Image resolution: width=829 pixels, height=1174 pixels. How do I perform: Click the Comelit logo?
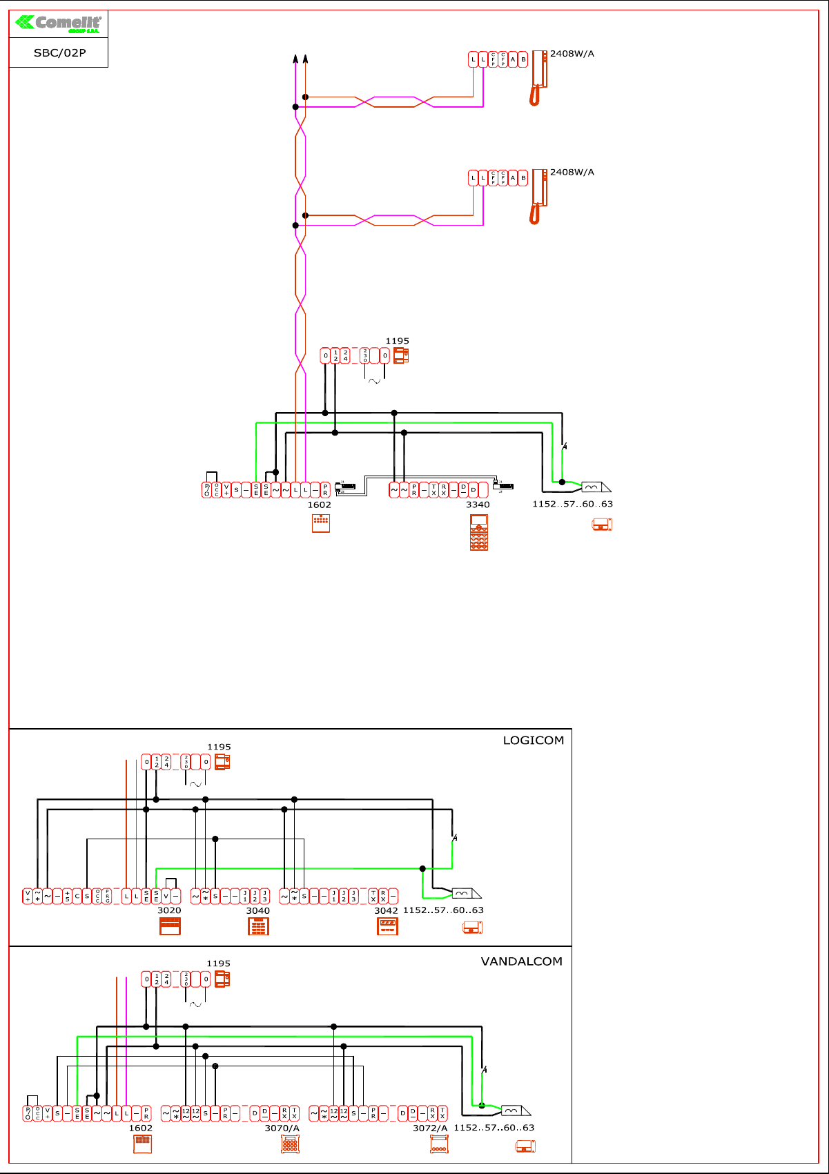coord(59,23)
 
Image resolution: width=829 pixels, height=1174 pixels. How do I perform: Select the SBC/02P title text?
coord(59,53)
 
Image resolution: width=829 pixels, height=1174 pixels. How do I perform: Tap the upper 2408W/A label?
coord(572,54)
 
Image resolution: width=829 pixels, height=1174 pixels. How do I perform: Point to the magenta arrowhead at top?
coord(295,59)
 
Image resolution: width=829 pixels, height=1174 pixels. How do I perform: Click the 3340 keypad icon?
coord(479,532)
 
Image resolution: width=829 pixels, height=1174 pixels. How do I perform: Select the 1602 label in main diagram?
coord(319,505)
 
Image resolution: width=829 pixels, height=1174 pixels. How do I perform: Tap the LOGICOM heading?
coord(533,741)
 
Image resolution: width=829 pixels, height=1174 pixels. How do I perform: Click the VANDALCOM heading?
coord(521,961)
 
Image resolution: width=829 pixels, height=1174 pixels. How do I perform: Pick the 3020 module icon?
coord(170,926)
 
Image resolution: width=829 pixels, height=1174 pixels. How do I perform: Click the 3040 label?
coord(258,910)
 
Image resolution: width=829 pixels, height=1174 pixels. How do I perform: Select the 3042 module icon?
coord(388,926)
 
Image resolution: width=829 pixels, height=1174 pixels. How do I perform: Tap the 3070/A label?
coord(282,1128)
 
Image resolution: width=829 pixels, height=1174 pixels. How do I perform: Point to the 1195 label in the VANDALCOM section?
coord(218,963)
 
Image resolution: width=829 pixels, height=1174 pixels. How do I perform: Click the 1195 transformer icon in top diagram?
coord(401,356)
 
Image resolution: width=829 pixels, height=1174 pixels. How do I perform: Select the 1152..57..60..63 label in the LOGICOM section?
coord(443,910)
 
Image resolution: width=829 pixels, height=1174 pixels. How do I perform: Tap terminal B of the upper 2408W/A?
coord(523,60)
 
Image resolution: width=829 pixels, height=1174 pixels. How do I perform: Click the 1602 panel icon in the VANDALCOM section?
coord(142,1144)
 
